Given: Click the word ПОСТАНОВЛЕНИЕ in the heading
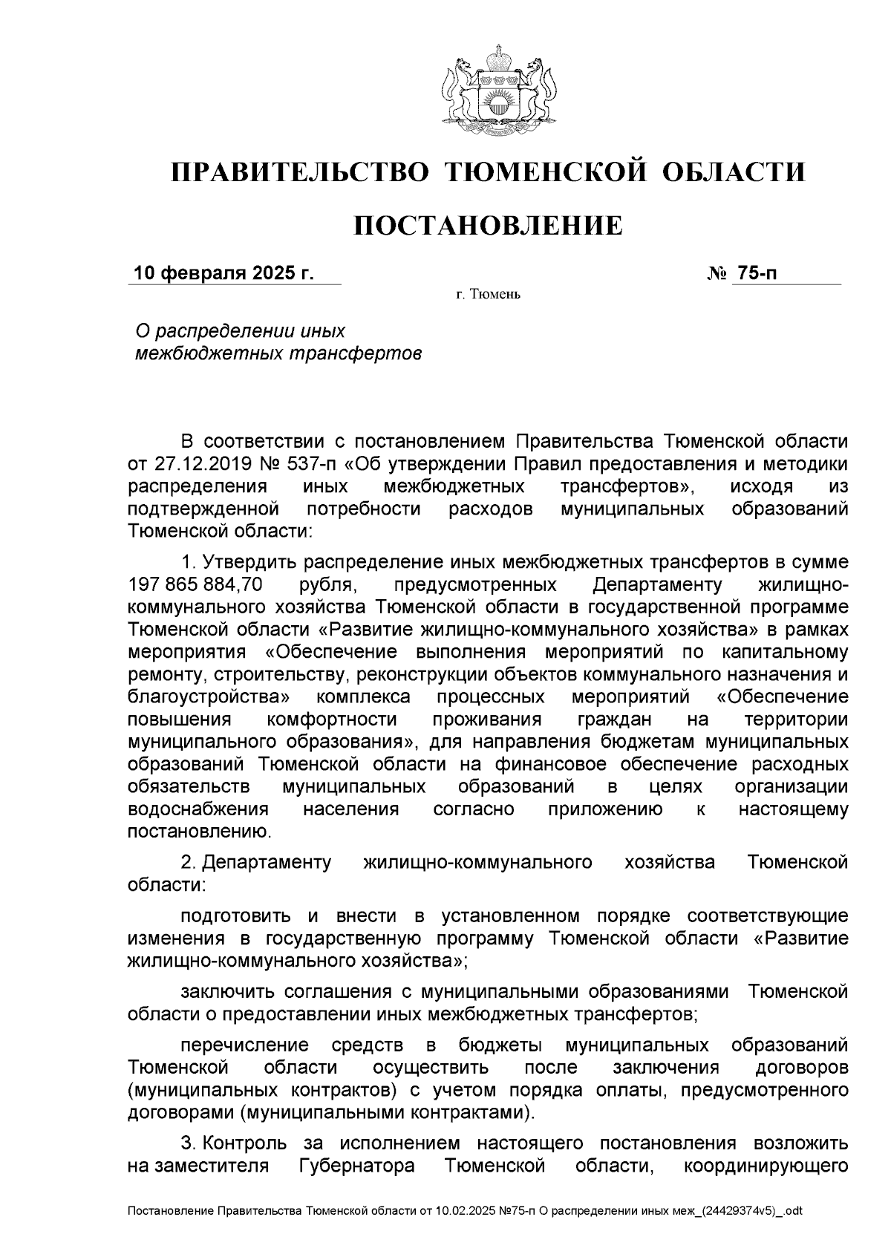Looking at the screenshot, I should coord(487,226).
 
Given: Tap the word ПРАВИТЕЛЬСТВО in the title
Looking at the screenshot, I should coord(300,172).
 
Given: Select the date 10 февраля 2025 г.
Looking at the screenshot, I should coord(223,274).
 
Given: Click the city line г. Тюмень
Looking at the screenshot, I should coord(488,295).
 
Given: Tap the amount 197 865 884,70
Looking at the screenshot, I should coord(195,585).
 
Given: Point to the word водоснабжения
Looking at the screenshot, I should coord(198,809).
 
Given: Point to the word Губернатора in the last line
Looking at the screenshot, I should coord(357,1166).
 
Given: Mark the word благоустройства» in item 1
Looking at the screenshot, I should coord(208,697).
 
